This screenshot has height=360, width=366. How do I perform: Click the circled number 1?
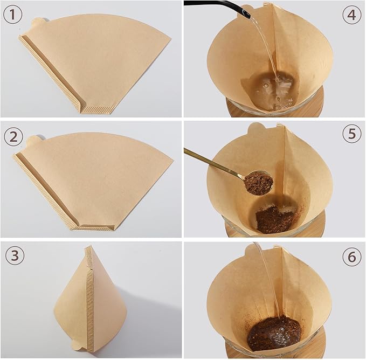click(x=13, y=15)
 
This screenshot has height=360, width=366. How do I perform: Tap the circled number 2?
click(x=13, y=137)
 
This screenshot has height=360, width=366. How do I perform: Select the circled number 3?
click(x=15, y=255)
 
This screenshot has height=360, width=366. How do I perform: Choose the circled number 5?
click(x=352, y=134)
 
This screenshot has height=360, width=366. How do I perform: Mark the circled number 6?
click(x=352, y=257)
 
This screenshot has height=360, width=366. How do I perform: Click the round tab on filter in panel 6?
click(x=252, y=248)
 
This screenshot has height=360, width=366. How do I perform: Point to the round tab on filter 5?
click(x=254, y=129)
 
